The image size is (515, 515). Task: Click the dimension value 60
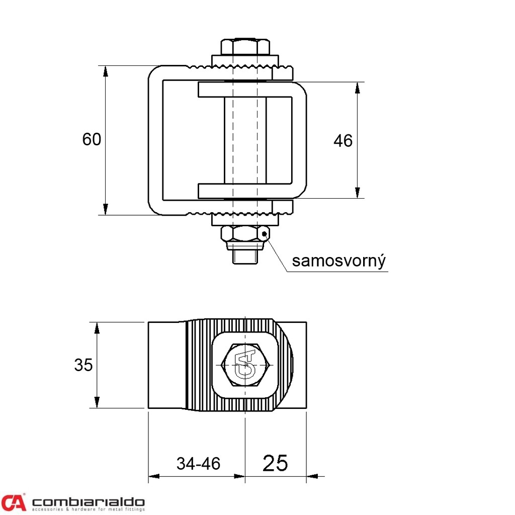point(92,139)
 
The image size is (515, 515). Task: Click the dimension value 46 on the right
point(343,141)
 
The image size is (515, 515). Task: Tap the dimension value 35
point(83,365)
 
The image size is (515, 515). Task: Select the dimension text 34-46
point(198,464)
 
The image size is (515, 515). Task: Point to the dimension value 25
point(275,463)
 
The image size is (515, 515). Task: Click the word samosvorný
point(339,261)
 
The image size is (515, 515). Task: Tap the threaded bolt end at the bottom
point(245,257)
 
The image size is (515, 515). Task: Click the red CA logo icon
point(14,502)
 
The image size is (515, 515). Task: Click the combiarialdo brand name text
point(88,502)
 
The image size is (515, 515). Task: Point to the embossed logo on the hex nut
point(245,365)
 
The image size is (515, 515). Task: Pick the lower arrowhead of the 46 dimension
point(358,193)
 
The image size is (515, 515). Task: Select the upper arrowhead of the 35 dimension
point(97,328)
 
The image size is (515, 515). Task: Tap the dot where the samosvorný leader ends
point(265,234)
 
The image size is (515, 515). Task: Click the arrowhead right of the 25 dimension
point(312,476)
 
